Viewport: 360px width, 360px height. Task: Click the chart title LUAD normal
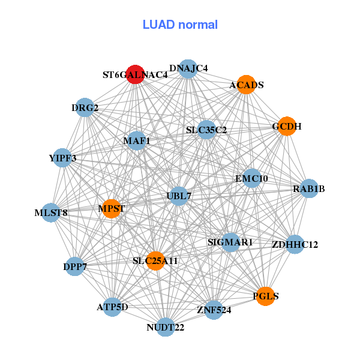180,25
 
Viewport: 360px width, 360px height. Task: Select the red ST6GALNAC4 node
136,74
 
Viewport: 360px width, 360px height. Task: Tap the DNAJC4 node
188,68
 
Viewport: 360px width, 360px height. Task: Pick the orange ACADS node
246,85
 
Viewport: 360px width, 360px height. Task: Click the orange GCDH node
287,126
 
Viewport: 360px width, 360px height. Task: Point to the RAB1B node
309,189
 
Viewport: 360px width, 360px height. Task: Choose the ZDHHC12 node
295,244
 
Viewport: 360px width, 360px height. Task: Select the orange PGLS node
265,296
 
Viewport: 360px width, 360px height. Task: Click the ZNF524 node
214,310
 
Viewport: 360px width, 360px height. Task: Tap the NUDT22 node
166,327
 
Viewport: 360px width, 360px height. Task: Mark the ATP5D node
112,307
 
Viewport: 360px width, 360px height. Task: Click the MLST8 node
50,212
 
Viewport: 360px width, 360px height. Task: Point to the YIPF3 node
62,158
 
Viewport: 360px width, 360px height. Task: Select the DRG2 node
85,108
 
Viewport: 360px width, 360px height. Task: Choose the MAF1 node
136,141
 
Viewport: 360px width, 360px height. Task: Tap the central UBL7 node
178,196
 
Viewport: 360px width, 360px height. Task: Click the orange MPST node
112,209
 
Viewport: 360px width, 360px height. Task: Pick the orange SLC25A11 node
155,261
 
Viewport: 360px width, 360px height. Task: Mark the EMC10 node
251,178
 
